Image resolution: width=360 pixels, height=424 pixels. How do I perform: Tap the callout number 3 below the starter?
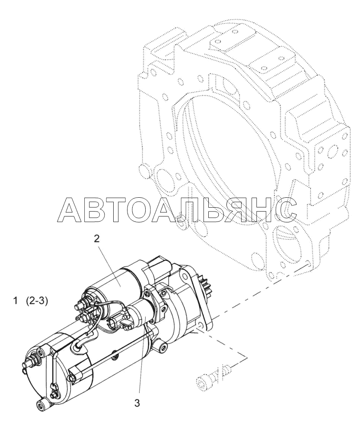(137, 403)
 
